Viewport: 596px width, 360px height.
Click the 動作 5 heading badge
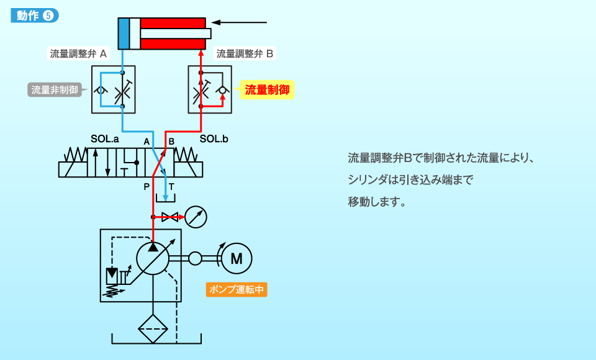pyautogui.click(x=35, y=16)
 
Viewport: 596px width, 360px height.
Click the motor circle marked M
pyautogui.click(x=237, y=258)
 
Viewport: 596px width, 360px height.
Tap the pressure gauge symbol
pyautogui.click(x=196, y=217)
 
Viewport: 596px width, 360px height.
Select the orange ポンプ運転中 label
pyautogui.click(x=237, y=289)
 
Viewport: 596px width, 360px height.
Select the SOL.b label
pyautogui.click(x=214, y=140)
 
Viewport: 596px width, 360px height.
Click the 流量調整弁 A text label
pyautogui.click(x=78, y=53)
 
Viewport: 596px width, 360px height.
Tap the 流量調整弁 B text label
pyautogui.click(x=244, y=53)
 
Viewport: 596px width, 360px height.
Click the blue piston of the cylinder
pyautogui.click(x=124, y=34)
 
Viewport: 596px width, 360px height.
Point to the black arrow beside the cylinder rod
pyautogui.click(x=242, y=24)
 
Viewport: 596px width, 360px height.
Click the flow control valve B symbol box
pyautogui.click(x=210, y=89)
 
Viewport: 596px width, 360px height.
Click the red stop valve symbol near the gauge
pyautogui.click(x=169, y=217)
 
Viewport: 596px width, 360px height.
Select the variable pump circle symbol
pyautogui.click(x=153, y=258)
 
